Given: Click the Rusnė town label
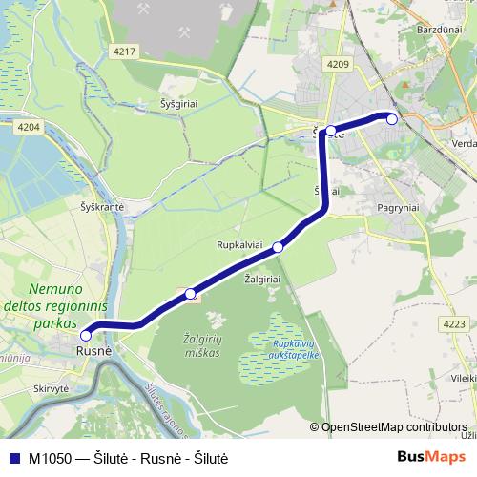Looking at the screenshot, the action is coord(93,350).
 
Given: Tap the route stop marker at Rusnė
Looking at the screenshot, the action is coord(86,335).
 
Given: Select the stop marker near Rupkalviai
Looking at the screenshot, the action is coord(278,248).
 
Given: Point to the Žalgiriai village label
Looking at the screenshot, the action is coord(262,279).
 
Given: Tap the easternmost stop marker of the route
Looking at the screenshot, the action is coord(391,117).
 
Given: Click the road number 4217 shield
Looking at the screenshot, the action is coord(124,52).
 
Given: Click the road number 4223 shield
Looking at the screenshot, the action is coord(454,324).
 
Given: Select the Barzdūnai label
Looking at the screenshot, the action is coord(439,30).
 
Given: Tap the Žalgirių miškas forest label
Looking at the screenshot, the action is coord(200,345).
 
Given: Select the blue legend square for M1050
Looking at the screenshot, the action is coord(13,458).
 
